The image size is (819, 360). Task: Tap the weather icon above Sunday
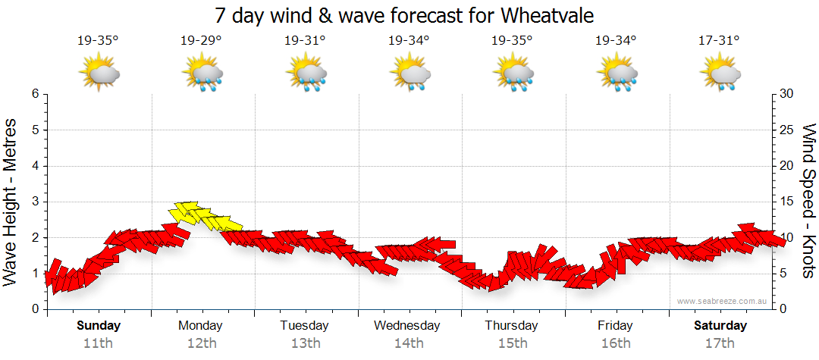(x=99, y=74)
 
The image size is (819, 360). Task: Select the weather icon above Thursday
(x=513, y=74)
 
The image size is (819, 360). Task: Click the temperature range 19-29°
(x=201, y=40)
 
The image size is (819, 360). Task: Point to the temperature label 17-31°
(x=719, y=40)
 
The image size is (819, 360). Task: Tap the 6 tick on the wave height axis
(x=34, y=94)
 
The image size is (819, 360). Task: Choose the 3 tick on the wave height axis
(x=34, y=202)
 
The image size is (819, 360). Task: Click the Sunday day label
(x=99, y=326)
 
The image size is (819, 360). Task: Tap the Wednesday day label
(x=407, y=326)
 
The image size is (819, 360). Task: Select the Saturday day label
(x=720, y=326)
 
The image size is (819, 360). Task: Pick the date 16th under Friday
(x=615, y=343)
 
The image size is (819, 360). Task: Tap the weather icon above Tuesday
(x=306, y=74)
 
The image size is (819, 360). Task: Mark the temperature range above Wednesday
(x=409, y=40)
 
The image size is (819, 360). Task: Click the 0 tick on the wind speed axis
(x=782, y=309)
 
